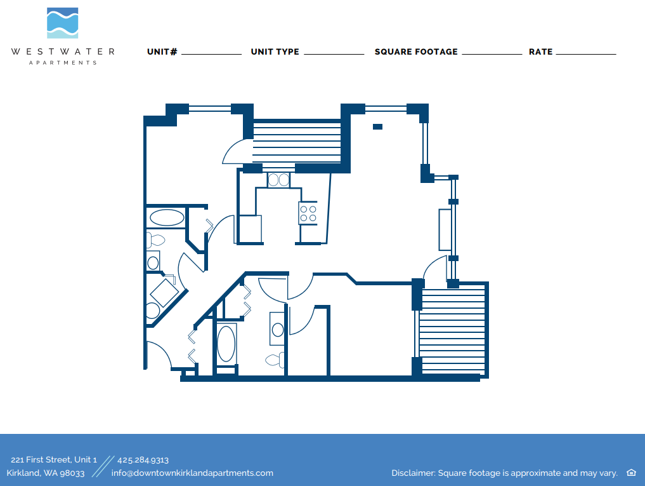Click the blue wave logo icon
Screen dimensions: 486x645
coord(63,23)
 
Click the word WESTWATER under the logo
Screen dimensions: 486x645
coord(63,51)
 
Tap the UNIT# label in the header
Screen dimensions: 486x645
coord(162,51)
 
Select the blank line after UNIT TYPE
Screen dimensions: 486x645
coord(334,53)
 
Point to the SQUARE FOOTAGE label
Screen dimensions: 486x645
coord(416,51)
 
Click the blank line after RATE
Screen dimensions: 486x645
coord(585,53)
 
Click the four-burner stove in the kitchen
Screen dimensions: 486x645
coord(308,213)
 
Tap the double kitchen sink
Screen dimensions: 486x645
coord(278,180)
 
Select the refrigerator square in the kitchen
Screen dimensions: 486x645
coord(250,229)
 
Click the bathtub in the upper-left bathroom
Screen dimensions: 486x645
coord(167,218)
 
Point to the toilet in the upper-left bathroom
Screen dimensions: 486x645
coord(155,241)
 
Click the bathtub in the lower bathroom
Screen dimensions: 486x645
coord(226,344)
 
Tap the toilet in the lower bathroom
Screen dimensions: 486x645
coord(275,360)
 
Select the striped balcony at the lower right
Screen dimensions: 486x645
coord(452,330)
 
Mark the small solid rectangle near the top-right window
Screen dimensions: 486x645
coord(377,126)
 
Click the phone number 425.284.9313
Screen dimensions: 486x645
coord(143,460)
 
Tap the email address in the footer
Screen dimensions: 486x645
coord(192,473)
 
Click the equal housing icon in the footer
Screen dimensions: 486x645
coord(631,473)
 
